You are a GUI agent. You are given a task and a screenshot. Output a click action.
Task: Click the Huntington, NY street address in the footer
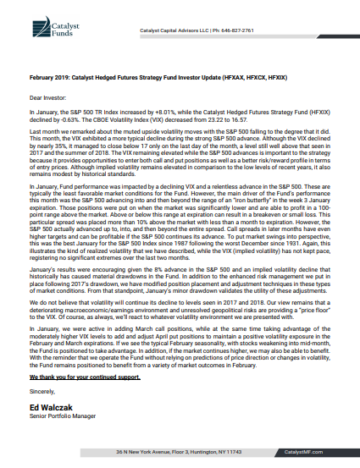180,453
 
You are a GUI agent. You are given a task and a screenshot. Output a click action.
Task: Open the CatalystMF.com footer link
326,453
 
